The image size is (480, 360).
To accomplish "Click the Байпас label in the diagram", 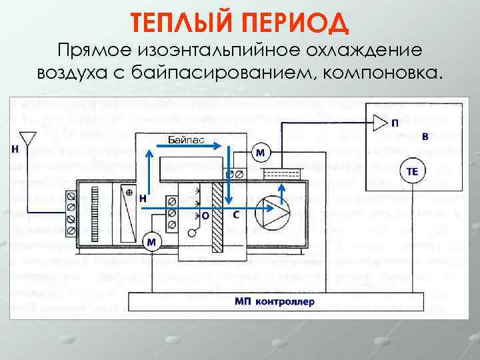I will [x=187, y=141].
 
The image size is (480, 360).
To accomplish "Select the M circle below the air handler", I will [x=152, y=242].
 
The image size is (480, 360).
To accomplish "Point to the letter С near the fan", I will [x=237, y=215].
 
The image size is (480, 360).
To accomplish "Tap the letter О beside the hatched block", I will [x=205, y=215].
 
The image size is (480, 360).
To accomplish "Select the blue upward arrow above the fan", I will [x=282, y=193].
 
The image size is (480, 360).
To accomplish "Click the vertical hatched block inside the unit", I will [x=217, y=217].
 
